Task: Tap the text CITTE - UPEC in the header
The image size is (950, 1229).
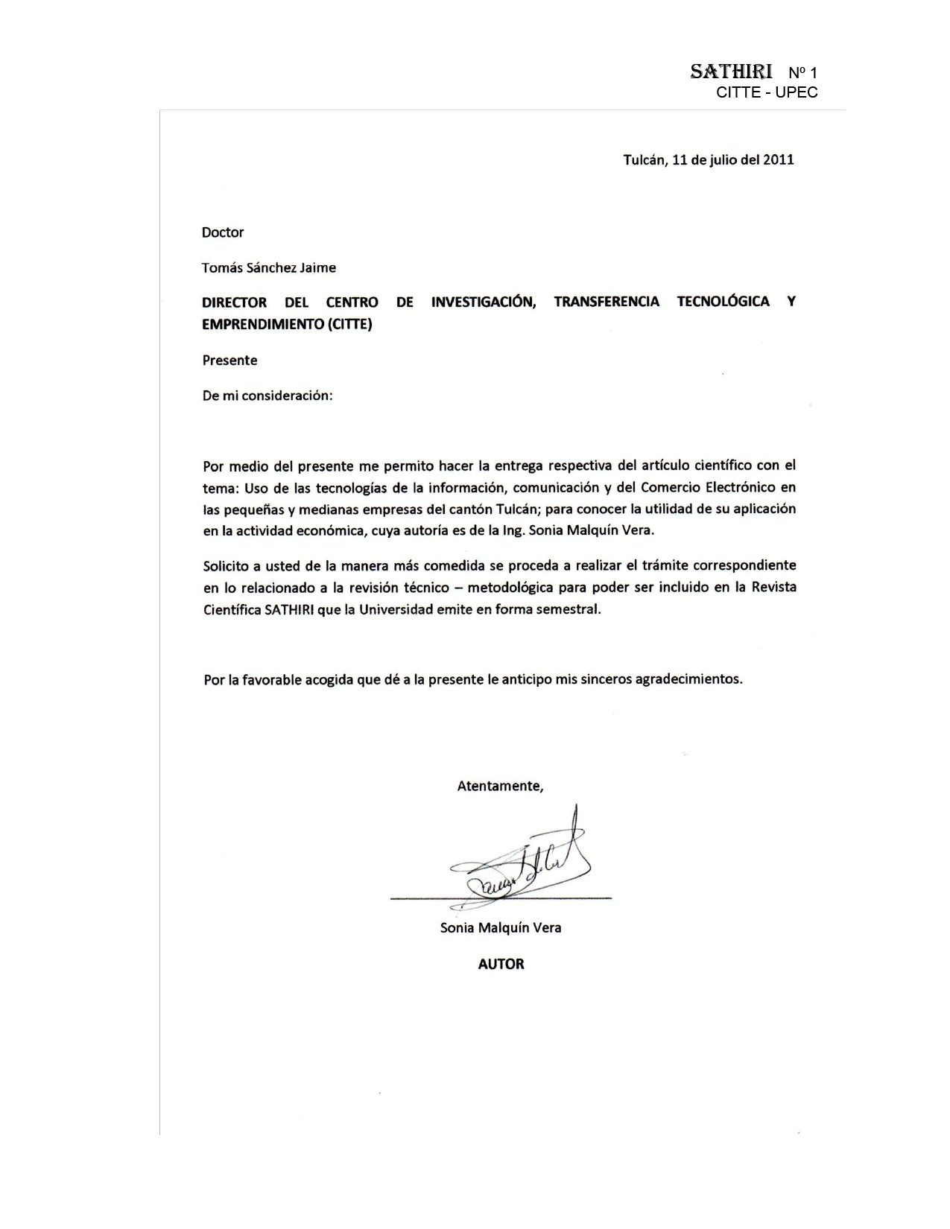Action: click(x=767, y=92)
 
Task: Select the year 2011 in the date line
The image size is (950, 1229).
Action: click(x=778, y=159)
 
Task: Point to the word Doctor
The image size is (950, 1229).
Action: click(x=223, y=232)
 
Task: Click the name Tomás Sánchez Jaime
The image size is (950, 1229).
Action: click(x=269, y=267)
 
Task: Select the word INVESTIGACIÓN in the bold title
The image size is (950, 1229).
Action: click(x=484, y=302)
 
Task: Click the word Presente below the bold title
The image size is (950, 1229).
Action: click(x=230, y=361)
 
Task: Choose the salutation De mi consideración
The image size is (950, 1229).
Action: click(x=267, y=396)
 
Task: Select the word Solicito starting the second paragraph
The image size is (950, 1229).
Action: click(x=227, y=565)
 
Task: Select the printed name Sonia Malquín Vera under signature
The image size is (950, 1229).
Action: click(x=501, y=928)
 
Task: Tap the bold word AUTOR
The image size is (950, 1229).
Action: click(x=501, y=964)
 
